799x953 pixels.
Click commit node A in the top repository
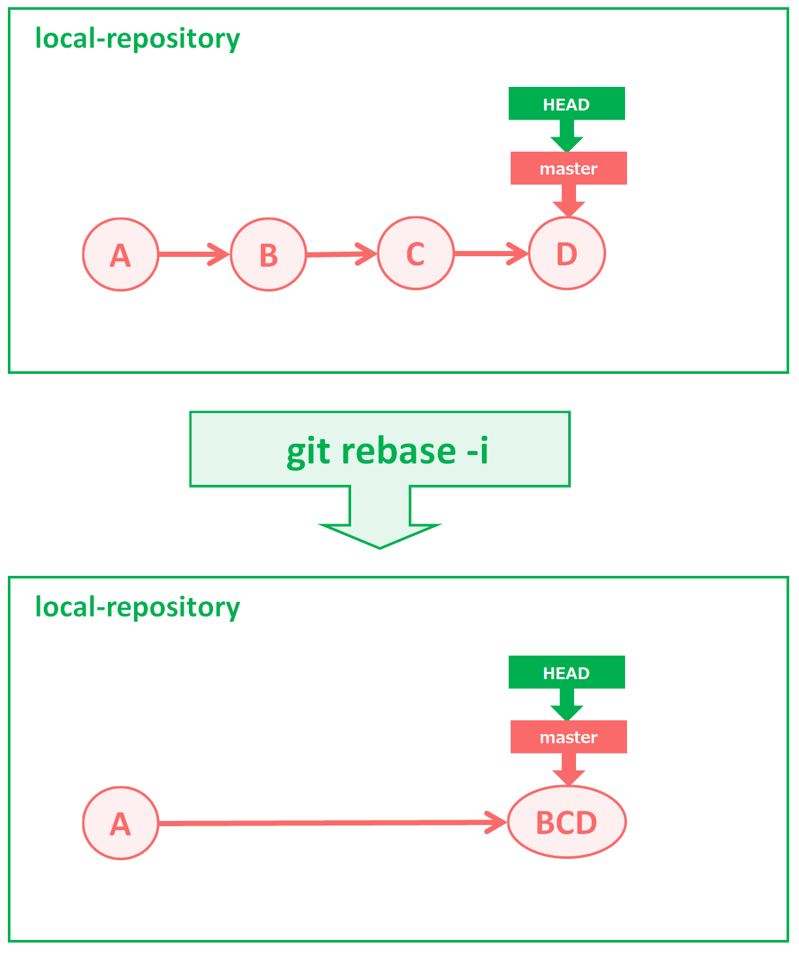[120, 254]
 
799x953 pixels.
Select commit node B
[268, 254]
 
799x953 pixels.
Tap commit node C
[416, 254]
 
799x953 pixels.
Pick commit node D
[567, 253]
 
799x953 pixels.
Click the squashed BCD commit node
[567, 822]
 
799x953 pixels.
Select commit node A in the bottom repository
[120, 823]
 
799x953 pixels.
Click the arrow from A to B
[193, 254]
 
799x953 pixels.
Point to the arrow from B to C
[341, 254]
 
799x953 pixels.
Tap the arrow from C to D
[490, 253]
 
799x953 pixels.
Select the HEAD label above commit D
[566, 104]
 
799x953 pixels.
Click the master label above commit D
[568, 169]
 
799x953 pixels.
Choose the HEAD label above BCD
[566, 673]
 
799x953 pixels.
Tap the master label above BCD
[568, 737]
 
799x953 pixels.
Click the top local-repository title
[137, 39]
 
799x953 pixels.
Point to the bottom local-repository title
[137, 607]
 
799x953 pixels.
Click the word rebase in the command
[398, 451]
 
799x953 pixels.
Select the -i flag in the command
[477, 451]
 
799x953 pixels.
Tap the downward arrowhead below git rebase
[380, 533]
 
